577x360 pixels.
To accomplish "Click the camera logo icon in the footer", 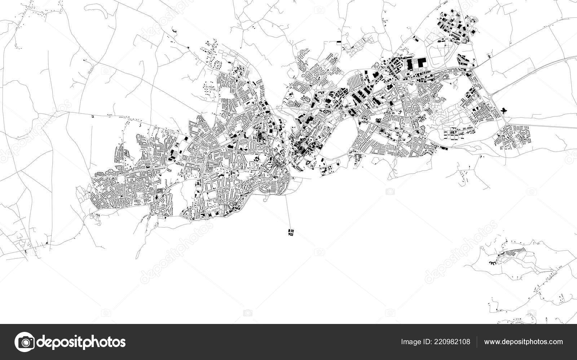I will pos(24,342).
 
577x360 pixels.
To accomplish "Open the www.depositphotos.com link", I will pos(523,342).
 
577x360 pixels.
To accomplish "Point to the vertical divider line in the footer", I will pos(477,342).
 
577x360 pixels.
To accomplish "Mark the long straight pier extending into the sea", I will pos(289,213).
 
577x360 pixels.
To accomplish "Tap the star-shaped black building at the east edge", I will pos(503,110).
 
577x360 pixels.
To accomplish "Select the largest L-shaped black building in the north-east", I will pos(420,63).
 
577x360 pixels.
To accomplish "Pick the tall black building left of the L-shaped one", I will pos(410,65).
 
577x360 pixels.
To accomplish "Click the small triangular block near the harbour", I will pos(307,163).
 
